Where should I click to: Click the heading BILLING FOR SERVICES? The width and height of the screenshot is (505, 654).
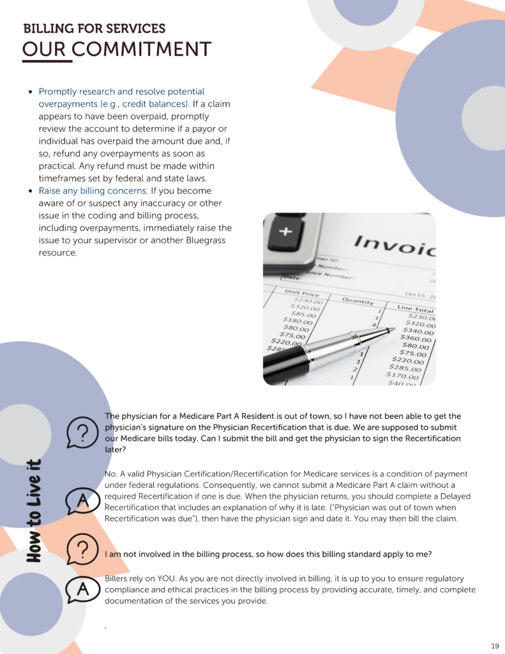[x=94, y=29]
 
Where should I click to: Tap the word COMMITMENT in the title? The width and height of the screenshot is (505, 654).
[x=141, y=49]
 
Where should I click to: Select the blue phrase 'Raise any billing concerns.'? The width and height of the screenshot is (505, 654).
[x=93, y=191]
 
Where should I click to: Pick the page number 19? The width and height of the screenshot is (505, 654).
[x=495, y=645]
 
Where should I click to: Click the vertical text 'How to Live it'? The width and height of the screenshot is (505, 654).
[x=34, y=511]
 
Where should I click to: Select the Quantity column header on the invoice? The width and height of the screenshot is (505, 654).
[x=358, y=300]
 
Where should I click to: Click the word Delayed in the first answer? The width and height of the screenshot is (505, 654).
[x=451, y=496]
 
